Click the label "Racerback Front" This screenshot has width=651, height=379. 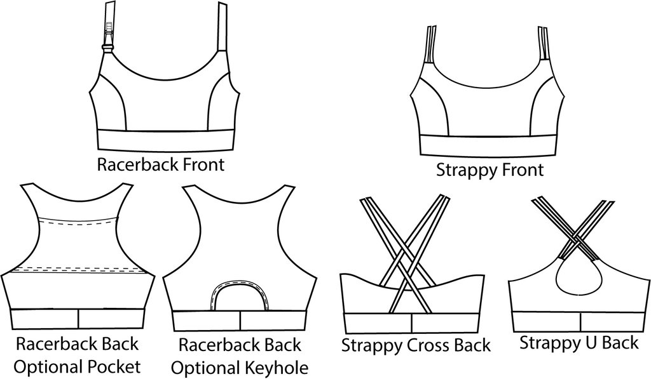point(160,164)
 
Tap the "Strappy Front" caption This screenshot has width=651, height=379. point(490,170)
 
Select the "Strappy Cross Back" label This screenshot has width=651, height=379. point(416,345)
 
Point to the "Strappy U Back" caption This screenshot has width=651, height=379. point(579,343)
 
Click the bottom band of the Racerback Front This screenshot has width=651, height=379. point(165,140)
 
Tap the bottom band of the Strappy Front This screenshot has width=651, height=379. point(488,145)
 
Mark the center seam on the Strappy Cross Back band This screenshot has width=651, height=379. point(412,323)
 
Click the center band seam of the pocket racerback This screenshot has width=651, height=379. point(78,319)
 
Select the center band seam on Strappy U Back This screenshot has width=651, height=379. point(580,321)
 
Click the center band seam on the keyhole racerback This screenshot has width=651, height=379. point(240,320)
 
